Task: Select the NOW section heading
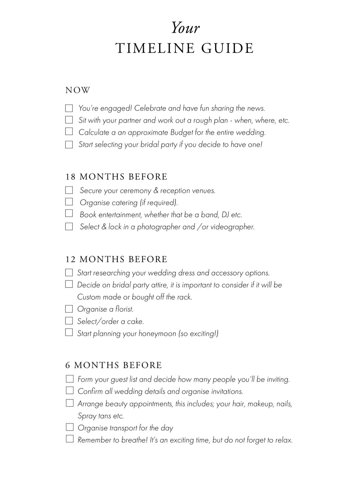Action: pos(78,90)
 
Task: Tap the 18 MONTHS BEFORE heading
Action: pos(116,177)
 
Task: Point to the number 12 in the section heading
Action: pos(70,259)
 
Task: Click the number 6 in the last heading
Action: pos(68,365)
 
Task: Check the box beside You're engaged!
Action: pos(69,108)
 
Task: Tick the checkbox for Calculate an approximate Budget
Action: pos(69,132)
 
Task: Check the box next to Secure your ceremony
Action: pos(69,190)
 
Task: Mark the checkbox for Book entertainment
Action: pos(69,214)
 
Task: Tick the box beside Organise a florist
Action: pos(69,309)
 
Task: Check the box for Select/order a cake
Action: pos(69,321)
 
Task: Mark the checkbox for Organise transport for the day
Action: pos(70,428)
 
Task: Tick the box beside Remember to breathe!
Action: pos(70,439)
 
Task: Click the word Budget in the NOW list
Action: pos(181,133)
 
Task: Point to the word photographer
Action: pos(159,227)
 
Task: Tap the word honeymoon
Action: pos(157,334)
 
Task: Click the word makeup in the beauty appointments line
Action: pos(261,404)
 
